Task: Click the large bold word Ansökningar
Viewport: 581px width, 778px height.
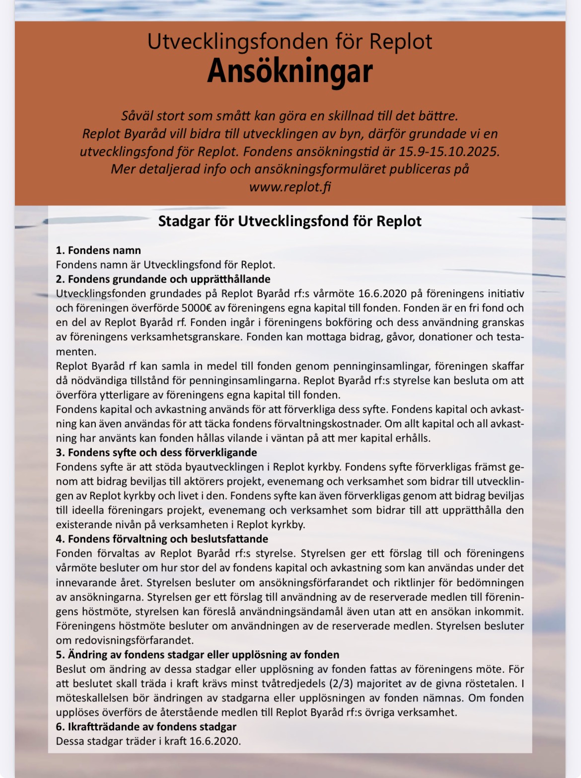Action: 290,72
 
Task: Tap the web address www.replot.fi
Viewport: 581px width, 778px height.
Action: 290,187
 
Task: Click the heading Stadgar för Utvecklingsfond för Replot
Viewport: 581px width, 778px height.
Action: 290,221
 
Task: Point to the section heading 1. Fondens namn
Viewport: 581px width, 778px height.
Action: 98,250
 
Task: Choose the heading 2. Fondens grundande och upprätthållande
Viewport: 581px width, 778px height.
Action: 163,279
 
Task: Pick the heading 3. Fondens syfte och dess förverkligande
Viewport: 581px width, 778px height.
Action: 156,453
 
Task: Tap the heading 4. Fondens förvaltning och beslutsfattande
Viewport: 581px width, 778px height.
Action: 162,539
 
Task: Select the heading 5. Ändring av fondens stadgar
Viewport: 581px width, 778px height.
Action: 198,655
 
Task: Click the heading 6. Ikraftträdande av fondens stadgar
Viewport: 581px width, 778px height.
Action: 146,727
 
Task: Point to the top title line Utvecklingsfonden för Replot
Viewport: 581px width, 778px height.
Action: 290,42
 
